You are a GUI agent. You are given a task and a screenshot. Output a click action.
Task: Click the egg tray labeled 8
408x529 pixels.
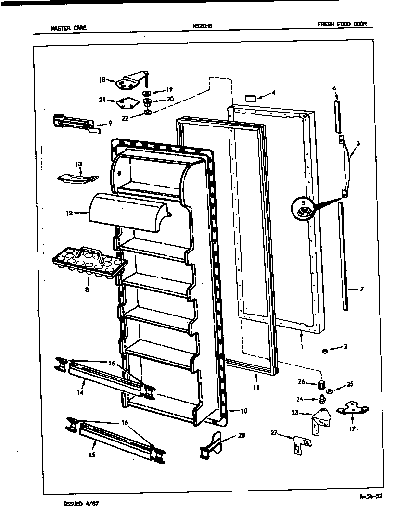click(x=89, y=262)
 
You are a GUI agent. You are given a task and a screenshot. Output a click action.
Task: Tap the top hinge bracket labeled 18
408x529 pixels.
click(x=130, y=82)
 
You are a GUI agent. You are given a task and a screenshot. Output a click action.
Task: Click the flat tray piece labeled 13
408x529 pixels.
click(x=77, y=178)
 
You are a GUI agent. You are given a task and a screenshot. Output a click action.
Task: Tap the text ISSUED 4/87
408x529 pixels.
click(x=81, y=504)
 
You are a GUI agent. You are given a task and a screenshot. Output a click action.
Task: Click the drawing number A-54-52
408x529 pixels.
click(x=370, y=497)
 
